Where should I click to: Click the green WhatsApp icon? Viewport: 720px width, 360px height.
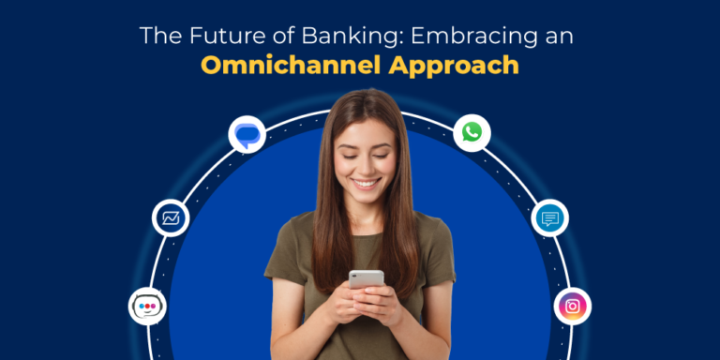point(472,132)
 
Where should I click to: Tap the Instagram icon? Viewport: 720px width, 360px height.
point(572,306)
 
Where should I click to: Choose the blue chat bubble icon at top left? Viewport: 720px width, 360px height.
point(247,134)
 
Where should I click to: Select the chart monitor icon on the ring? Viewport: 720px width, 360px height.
point(171,218)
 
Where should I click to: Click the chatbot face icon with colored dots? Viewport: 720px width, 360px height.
point(147,307)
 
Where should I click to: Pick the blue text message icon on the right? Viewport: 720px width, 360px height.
point(550,218)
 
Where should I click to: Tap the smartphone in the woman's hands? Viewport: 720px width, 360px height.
point(366,279)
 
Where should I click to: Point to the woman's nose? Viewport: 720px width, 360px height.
point(364,158)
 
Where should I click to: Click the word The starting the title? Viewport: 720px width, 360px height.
point(157,37)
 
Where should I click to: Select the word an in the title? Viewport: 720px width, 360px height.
point(560,37)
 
